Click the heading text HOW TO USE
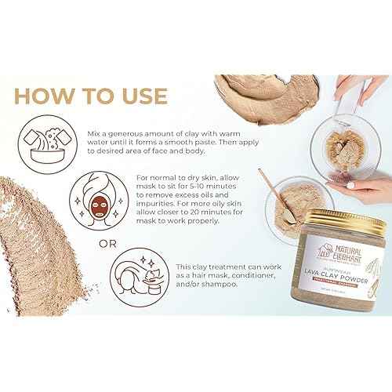click(x=91, y=96)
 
